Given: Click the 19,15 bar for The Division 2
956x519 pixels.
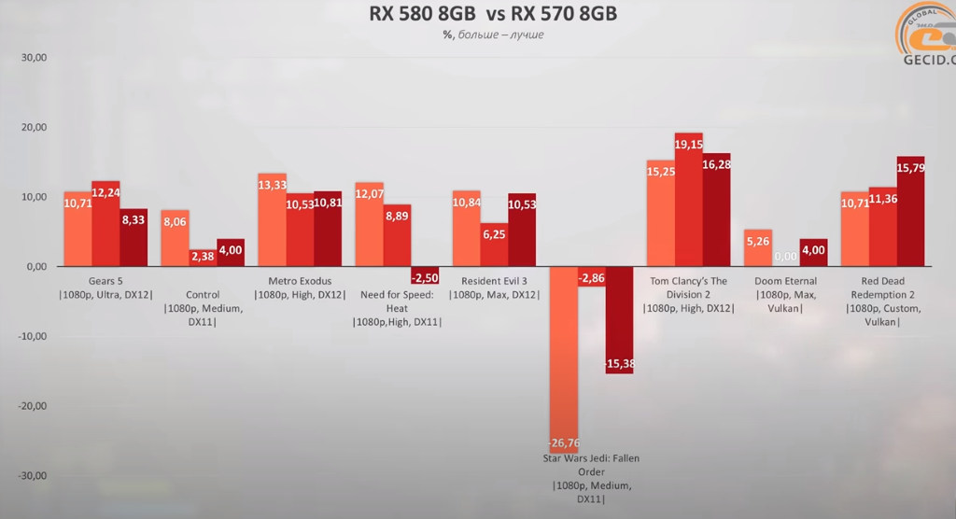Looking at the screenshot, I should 688,201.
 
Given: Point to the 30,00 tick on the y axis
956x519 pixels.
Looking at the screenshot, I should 34,58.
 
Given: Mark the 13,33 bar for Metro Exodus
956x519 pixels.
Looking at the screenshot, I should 272,220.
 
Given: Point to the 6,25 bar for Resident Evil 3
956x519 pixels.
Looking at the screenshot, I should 495,245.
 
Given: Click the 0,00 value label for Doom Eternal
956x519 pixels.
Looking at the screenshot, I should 785,257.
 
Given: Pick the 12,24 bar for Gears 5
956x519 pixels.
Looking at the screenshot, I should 105,224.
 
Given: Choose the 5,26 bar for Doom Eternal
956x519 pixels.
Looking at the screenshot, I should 757,248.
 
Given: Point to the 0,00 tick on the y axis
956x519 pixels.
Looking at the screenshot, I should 35,267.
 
